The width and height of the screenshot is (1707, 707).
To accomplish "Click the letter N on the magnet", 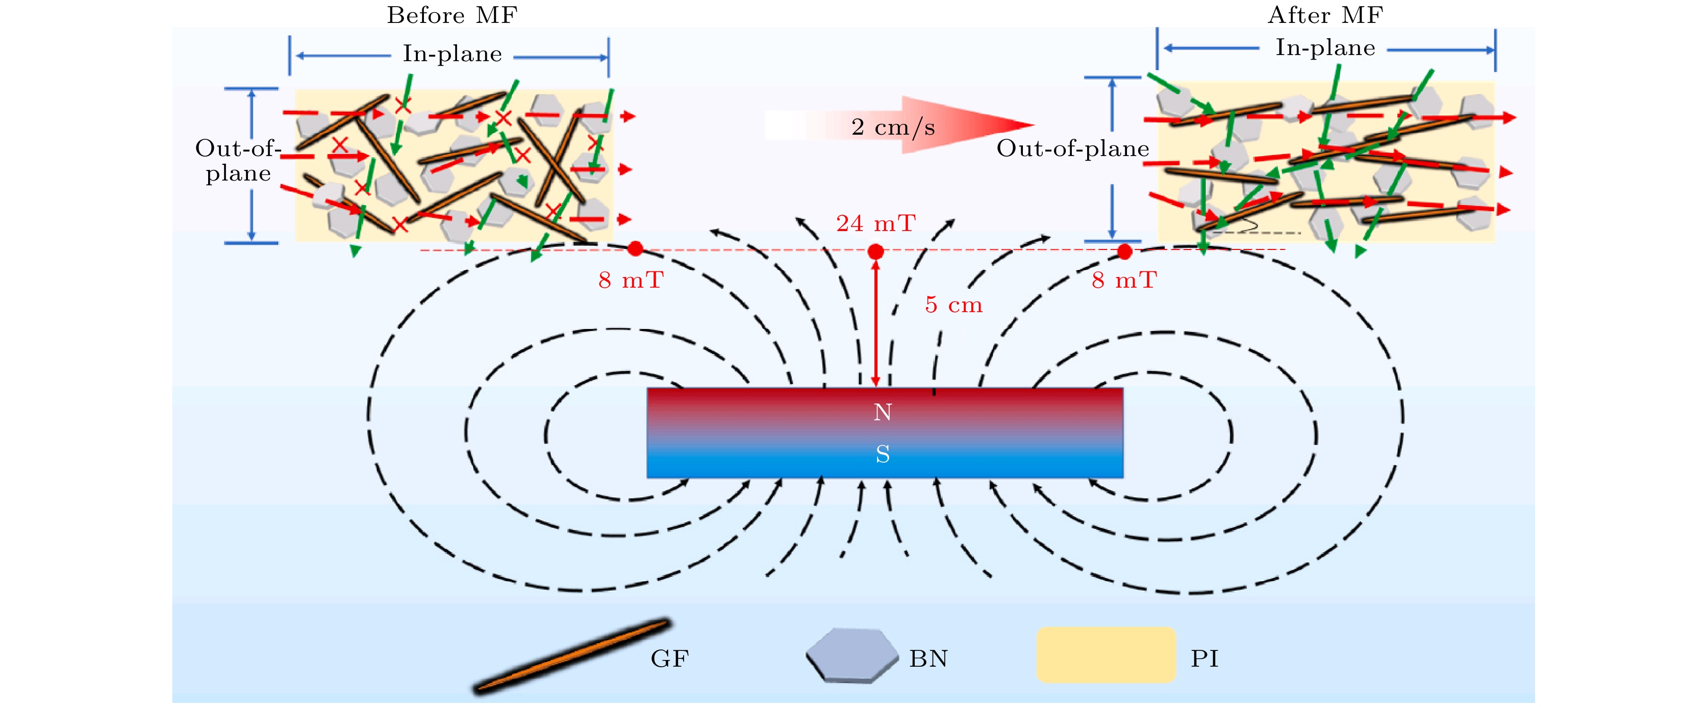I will (x=882, y=412).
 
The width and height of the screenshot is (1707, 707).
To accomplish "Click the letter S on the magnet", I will (x=882, y=454).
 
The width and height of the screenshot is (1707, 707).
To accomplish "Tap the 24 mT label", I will (x=875, y=224).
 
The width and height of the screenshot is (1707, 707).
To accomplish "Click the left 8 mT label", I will (x=630, y=280).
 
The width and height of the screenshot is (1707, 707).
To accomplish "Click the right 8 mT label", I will (x=1124, y=280).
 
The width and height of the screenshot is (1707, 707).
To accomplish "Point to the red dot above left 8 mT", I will (x=635, y=248).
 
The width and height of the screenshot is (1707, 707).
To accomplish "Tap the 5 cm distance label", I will (x=953, y=305).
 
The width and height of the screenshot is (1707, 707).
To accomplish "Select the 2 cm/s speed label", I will (x=893, y=127).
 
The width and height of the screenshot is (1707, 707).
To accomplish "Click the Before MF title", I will (x=452, y=15).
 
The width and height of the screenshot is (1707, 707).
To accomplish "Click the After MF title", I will (x=1325, y=15).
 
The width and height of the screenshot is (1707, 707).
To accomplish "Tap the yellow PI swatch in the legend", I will (x=1106, y=654).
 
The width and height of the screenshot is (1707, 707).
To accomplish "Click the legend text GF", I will (x=669, y=659).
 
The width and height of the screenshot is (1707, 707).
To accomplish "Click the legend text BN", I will (x=927, y=659).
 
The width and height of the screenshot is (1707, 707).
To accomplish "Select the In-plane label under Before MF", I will (x=452, y=54).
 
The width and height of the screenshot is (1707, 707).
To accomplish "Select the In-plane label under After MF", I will (x=1325, y=48).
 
